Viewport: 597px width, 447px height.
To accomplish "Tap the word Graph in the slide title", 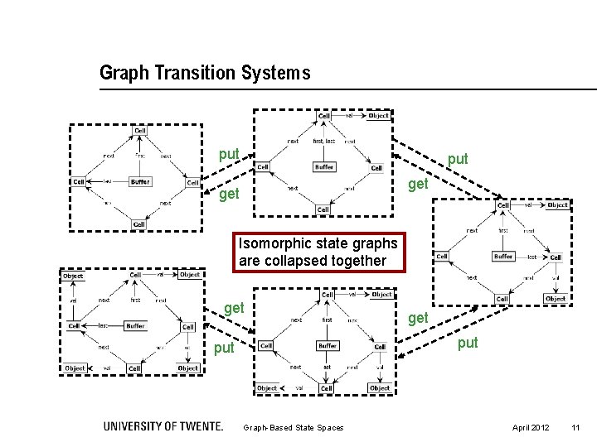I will (121, 73).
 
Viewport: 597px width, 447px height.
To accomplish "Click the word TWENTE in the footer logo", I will (198, 426).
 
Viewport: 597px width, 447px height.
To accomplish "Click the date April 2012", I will (530, 427).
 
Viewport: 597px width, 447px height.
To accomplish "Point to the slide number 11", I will (575, 427).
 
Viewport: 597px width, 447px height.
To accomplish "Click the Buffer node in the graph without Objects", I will (140, 181).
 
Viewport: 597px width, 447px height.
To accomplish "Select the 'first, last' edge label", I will (324, 142).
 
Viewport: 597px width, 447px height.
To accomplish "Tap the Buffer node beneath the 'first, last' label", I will (324, 167).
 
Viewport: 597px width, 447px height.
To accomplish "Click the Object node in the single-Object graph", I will (378, 116).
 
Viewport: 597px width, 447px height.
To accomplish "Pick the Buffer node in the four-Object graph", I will (135, 325).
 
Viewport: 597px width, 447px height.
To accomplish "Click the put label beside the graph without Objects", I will (229, 154).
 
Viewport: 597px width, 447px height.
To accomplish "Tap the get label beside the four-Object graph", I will (235, 309).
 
